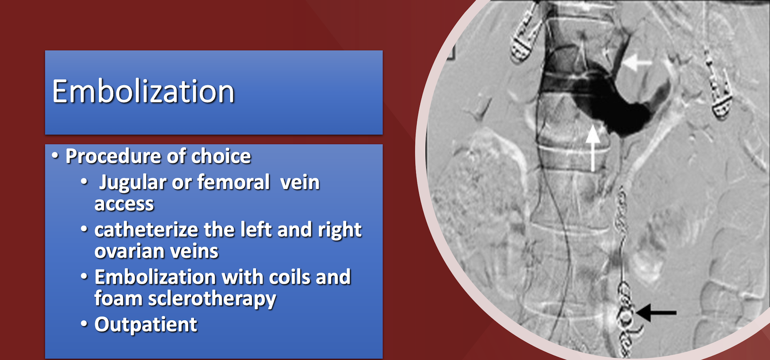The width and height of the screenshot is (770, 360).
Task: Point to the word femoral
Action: point(233,182)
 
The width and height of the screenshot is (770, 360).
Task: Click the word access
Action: point(124,204)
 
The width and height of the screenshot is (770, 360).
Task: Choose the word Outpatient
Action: point(145,325)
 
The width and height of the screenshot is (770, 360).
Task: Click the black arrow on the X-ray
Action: point(656,312)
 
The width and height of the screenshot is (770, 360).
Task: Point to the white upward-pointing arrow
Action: point(593,148)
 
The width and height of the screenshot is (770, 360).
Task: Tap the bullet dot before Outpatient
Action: point(84,324)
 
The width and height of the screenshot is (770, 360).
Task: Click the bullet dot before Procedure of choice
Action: point(55,156)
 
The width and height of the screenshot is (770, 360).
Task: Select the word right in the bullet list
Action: point(340,230)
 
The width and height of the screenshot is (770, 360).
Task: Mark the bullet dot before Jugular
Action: point(84,182)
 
